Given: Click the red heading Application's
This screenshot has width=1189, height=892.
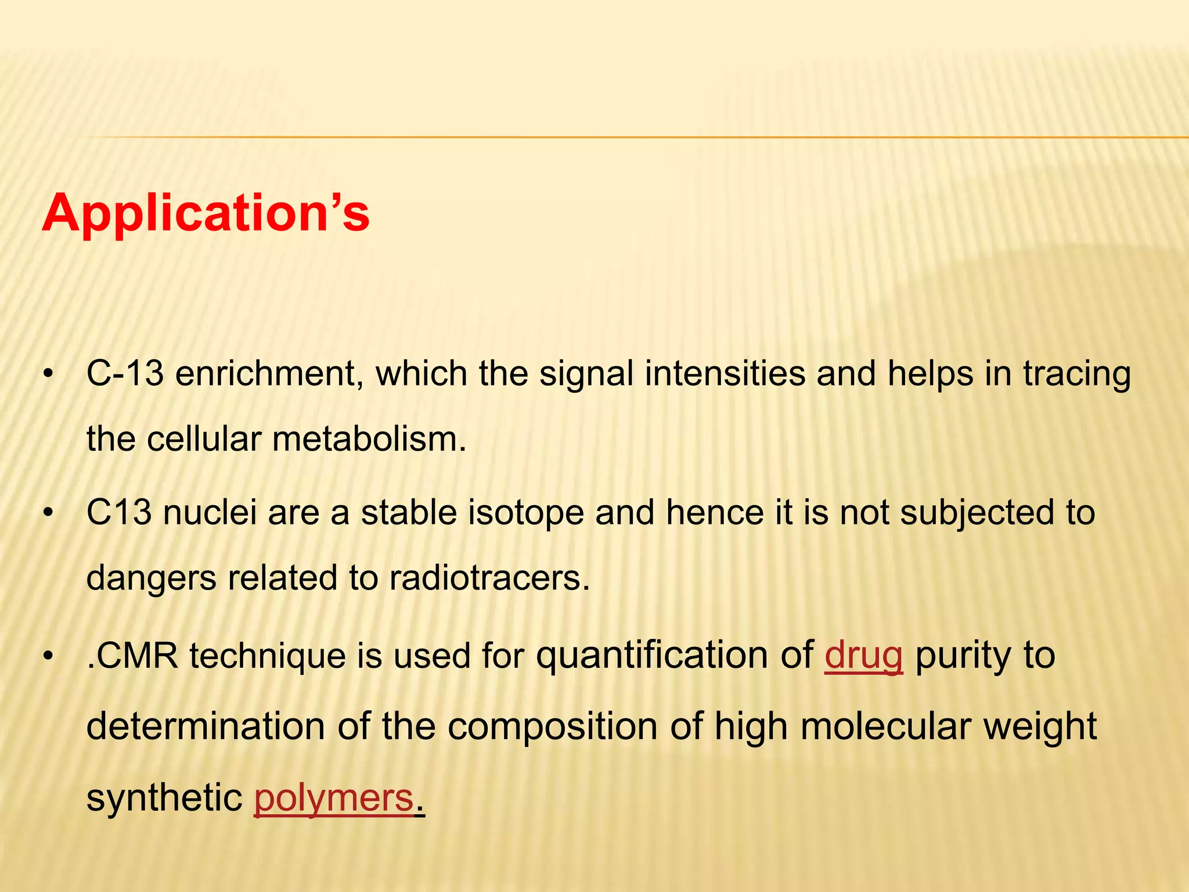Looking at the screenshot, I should (206, 213).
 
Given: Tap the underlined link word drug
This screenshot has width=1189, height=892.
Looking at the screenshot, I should (863, 656).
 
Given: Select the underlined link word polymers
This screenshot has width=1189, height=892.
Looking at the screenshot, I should (334, 798).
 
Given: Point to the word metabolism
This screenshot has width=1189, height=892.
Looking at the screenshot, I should (369, 439).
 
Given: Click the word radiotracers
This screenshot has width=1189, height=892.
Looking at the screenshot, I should (489, 578).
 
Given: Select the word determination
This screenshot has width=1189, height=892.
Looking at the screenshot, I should (206, 727).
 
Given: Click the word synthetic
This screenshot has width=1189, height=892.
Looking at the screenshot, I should (164, 798).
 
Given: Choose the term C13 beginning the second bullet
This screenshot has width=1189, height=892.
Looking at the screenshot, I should (118, 513).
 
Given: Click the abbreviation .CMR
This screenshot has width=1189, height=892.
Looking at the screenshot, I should (132, 656).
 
